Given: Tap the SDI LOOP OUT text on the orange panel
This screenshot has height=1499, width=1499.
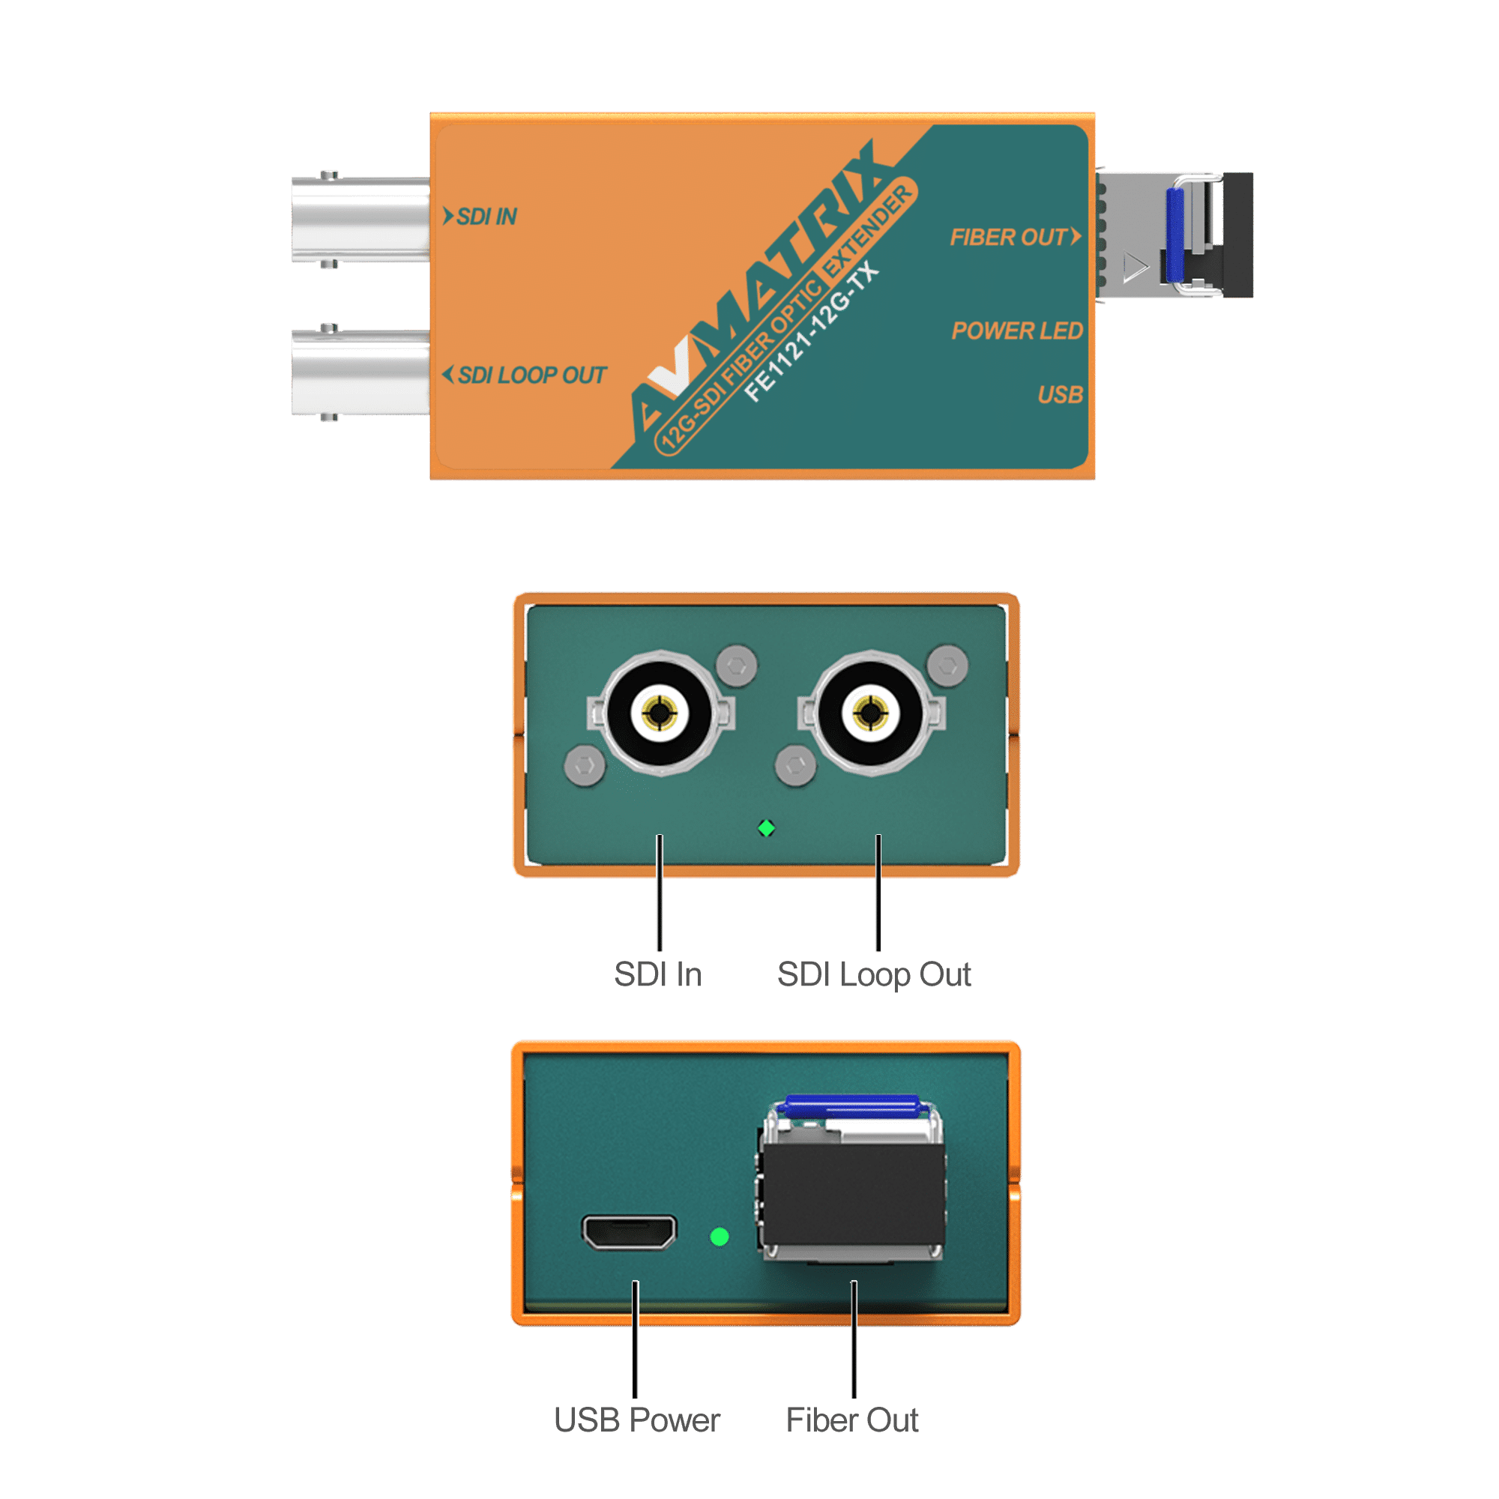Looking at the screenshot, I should (x=531, y=375).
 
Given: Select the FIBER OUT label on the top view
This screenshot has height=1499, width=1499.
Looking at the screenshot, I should (x=1008, y=238).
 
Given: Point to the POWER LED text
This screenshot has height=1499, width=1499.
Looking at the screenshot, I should (x=1016, y=331).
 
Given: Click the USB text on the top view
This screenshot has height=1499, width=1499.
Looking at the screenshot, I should (x=1060, y=395).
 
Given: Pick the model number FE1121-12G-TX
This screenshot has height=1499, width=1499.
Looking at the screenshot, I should (x=812, y=334).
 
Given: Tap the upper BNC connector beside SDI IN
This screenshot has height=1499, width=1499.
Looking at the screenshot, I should (x=360, y=220).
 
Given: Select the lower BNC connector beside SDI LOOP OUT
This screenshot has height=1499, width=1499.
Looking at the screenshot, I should (x=360, y=372).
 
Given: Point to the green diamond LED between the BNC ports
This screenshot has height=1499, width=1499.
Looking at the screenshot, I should (x=767, y=829).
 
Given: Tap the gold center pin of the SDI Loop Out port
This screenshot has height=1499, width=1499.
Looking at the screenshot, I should (x=870, y=711).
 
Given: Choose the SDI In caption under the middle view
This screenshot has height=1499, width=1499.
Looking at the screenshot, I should (x=658, y=974).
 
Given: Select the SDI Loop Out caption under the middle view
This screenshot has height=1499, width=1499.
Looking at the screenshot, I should (x=874, y=974).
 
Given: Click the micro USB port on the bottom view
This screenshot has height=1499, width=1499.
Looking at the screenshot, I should (x=629, y=1233).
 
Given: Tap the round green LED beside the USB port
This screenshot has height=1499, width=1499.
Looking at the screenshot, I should (x=720, y=1236).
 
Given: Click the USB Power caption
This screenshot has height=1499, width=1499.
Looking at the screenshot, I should (x=637, y=1420).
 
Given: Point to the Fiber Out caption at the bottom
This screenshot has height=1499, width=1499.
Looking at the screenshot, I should (x=852, y=1420).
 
